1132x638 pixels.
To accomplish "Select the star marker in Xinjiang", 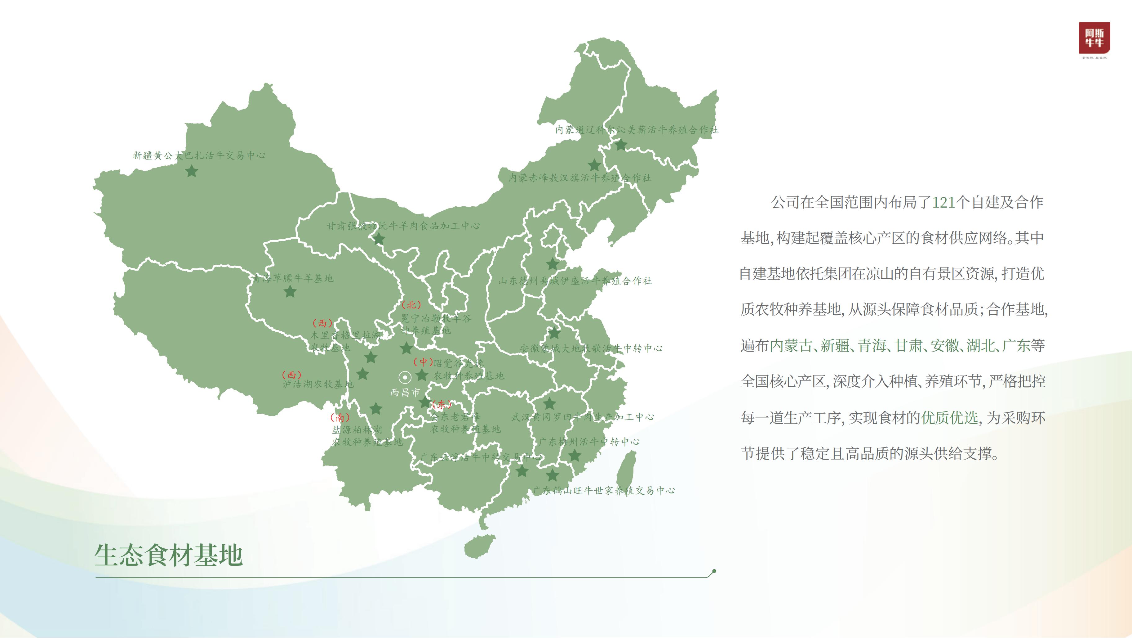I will coord(192,171).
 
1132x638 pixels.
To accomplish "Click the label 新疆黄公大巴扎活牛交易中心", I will coord(199,155).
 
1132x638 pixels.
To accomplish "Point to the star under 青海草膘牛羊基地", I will coord(290,291).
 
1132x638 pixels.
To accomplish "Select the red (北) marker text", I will coord(411,305).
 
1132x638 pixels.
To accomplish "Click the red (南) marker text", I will coord(340,417).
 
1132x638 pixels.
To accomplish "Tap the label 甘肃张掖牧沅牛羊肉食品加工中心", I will coord(403,226).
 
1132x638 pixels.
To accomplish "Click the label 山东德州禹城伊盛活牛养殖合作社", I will coord(575,281).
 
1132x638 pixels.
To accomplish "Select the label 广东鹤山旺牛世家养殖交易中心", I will coord(604,491).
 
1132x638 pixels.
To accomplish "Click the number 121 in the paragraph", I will coord(943,202).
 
